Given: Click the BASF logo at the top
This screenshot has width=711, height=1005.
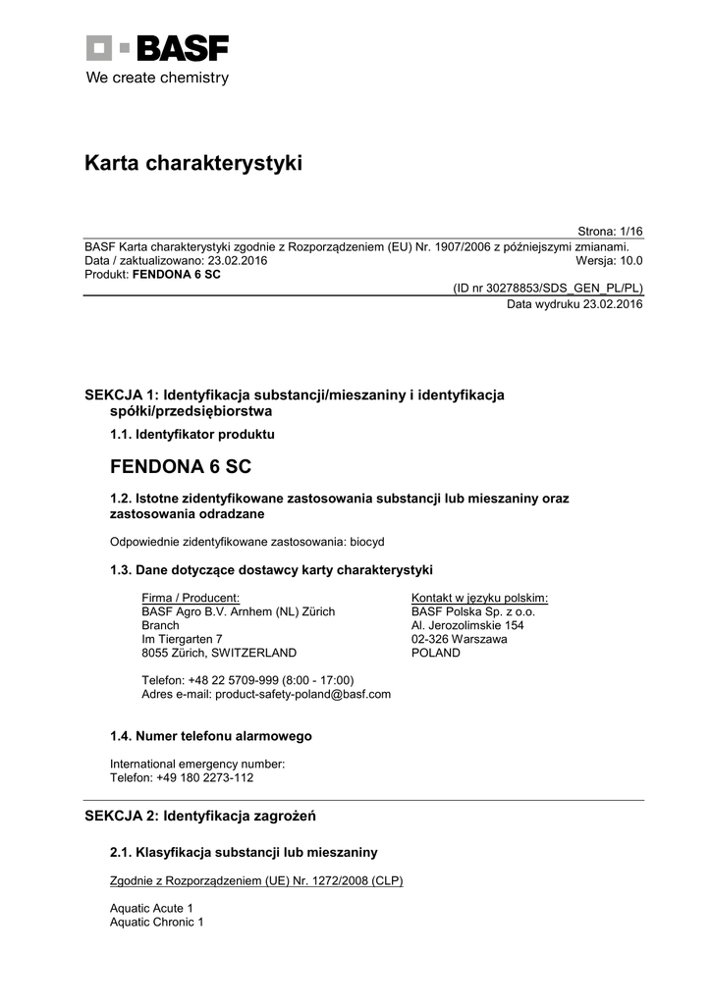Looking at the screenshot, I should click(x=157, y=47).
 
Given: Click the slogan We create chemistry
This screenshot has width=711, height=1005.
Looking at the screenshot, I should click(x=157, y=78).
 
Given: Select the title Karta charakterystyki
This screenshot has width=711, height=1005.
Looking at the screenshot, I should click(x=193, y=163).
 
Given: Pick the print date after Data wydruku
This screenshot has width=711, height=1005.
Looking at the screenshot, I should click(x=613, y=304).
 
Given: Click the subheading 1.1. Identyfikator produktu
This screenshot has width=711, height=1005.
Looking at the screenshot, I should click(x=192, y=433).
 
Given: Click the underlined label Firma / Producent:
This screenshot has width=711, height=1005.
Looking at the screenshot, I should click(x=191, y=598).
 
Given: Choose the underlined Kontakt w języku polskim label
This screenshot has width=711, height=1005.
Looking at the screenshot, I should click(x=479, y=598).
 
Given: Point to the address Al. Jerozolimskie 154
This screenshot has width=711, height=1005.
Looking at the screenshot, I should click(x=467, y=625).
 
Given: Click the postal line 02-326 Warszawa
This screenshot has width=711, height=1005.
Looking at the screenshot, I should click(x=459, y=639).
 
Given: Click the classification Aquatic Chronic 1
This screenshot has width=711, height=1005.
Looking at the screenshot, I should click(x=157, y=923).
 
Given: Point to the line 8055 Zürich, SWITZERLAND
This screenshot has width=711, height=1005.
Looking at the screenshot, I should click(x=219, y=653).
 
